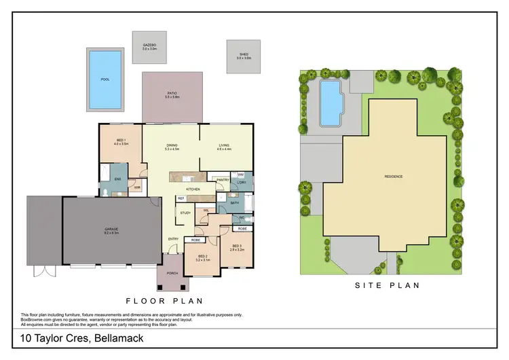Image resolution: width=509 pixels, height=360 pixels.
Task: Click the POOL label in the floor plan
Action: (105, 79)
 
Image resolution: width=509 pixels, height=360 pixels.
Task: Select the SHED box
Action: (244, 56)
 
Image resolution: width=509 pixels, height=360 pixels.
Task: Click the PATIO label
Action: (172, 94)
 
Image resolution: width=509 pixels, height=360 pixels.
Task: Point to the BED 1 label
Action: (121, 141)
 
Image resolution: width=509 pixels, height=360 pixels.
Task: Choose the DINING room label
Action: (172, 145)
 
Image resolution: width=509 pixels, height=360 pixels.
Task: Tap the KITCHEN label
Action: (193, 188)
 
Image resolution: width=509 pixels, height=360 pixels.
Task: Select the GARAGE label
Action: (111, 230)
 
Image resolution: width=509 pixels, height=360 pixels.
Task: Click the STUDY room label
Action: (185, 213)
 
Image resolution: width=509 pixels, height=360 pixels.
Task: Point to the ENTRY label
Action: (174, 238)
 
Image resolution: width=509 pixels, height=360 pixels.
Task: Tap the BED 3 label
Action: (236, 247)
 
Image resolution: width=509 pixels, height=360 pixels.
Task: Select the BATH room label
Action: (234, 202)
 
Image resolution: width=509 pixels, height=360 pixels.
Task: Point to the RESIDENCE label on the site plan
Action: (394, 177)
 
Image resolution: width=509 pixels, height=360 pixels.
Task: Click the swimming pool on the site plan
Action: (330, 103)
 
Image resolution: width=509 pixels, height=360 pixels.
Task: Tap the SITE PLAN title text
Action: (387, 286)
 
